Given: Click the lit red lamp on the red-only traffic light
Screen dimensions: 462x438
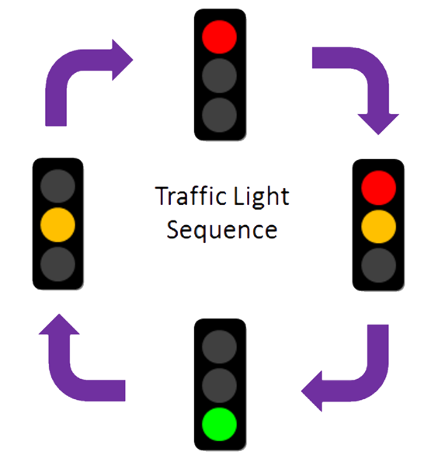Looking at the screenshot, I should coord(219,36).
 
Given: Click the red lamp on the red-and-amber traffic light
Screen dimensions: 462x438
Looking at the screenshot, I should coord(378,186).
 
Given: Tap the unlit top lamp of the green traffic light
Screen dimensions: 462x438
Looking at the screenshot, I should coord(219,346).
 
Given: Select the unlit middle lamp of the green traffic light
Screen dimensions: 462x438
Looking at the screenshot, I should coord(219,384).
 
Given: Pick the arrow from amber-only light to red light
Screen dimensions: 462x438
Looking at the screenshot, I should coord(78,78).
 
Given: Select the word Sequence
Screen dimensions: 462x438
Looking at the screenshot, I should coord(222,230).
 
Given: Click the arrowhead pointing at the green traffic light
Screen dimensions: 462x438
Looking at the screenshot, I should coord(315,389).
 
